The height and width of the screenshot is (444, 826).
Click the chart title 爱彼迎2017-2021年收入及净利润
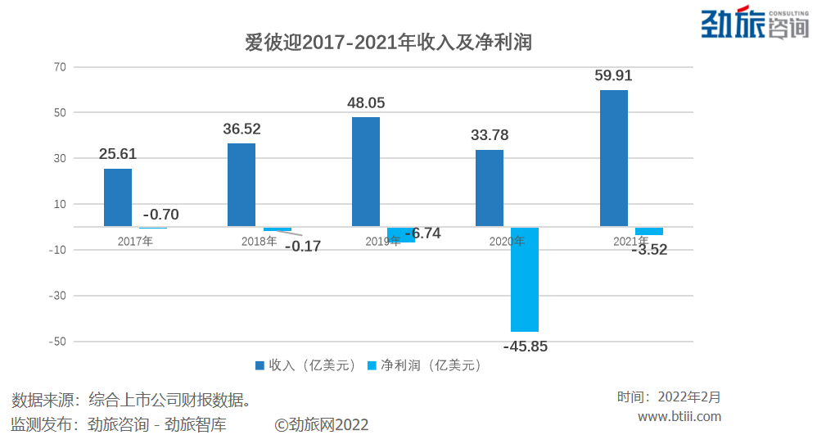(x=388, y=42)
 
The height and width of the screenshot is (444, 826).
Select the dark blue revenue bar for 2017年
(x=118, y=197)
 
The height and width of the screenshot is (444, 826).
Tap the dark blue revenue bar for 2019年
(x=366, y=171)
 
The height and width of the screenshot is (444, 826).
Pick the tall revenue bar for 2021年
(x=614, y=158)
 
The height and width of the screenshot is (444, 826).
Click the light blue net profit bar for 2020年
(x=525, y=279)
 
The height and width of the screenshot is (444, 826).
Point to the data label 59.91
(x=613, y=76)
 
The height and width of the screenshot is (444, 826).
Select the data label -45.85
(x=525, y=347)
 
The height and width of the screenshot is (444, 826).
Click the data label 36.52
(x=241, y=129)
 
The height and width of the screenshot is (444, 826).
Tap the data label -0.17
(x=302, y=246)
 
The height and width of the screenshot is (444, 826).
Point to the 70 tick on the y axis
(x=59, y=67)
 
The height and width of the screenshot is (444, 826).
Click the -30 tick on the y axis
(x=56, y=296)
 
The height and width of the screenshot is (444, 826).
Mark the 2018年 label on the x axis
(x=259, y=242)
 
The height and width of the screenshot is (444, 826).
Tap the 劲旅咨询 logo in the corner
(x=754, y=24)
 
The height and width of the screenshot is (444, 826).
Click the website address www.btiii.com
(x=679, y=416)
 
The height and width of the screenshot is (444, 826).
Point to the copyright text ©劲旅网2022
(x=322, y=424)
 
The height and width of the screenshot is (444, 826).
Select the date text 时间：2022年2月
(x=669, y=397)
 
